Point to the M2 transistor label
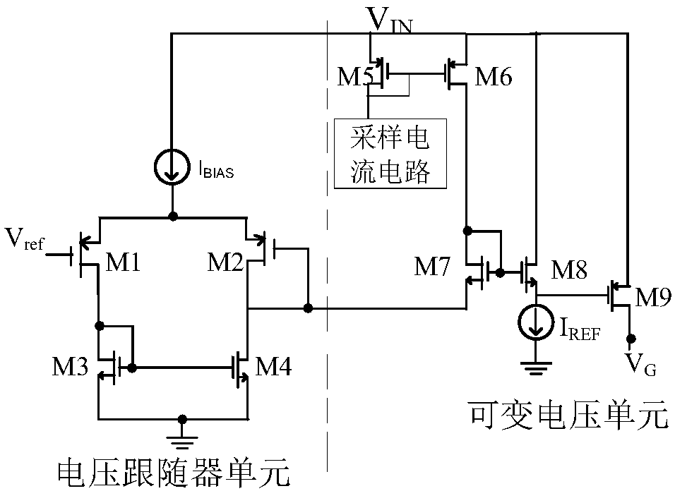pyautogui.click(x=225, y=264)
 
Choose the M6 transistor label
pyautogui.click(x=494, y=77)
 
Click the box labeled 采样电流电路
pyautogui.click(x=390, y=154)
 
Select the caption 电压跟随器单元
pyautogui.click(x=172, y=471)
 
